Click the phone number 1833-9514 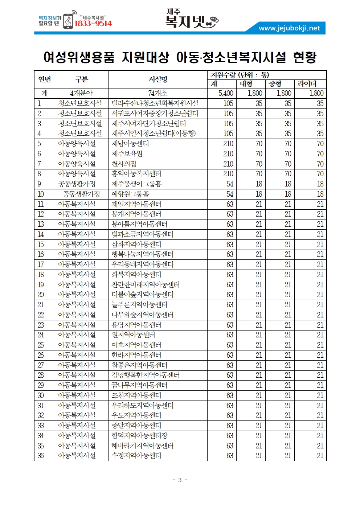click(x=93, y=24)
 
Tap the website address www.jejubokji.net click(x=289, y=28)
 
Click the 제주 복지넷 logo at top click(x=191, y=19)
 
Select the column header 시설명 click(x=158, y=79)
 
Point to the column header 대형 click(x=246, y=84)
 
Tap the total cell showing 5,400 click(x=226, y=94)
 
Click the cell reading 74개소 click(x=158, y=94)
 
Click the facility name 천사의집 click(x=124, y=164)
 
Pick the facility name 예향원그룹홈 click(x=130, y=194)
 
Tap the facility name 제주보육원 click(x=127, y=154)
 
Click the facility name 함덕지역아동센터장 click(x=140, y=436)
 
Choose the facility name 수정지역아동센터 click(x=136, y=456)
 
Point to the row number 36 click(x=41, y=456)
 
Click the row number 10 click(x=41, y=194)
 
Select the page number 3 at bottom click(x=180, y=480)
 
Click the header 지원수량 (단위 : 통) click(x=240, y=75)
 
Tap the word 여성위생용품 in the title click(x=79, y=57)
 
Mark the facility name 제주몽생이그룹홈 click(x=136, y=184)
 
